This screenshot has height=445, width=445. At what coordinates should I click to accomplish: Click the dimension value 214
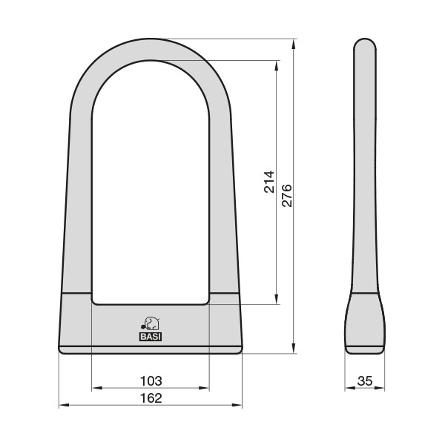click(x=269, y=182)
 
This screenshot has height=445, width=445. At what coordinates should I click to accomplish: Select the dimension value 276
click(x=287, y=196)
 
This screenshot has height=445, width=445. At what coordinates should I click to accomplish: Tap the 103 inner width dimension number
click(x=151, y=380)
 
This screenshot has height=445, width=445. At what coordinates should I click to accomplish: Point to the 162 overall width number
click(x=151, y=398)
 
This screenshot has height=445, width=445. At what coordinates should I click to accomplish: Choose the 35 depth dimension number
click(x=365, y=380)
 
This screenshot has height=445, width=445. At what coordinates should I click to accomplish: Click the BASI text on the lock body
click(x=151, y=336)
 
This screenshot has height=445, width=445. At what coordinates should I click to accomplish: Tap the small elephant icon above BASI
click(x=151, y=323)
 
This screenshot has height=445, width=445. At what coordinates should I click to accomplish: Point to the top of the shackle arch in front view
click(x=151, y=49)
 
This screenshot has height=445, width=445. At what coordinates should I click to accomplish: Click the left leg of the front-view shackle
click(x=78, y=208)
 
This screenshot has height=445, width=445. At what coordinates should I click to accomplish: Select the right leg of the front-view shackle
click(x=222, y=208)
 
